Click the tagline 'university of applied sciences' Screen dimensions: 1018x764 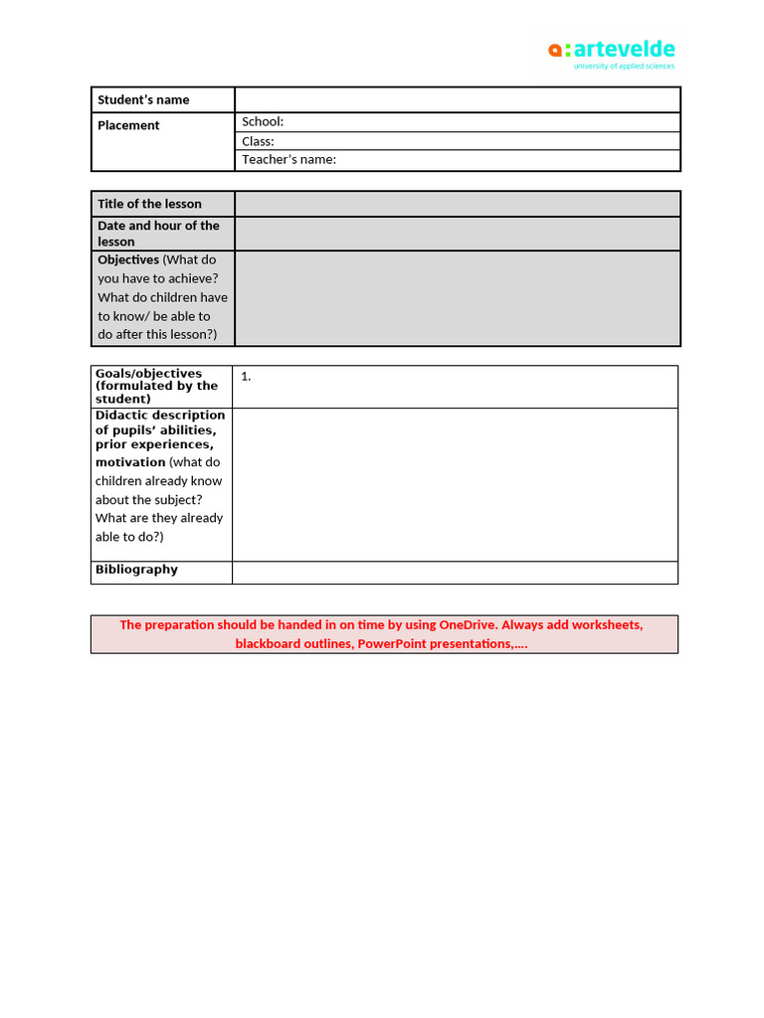[624, 67]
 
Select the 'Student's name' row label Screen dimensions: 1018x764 [143, 99]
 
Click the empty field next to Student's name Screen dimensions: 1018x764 [458, 99]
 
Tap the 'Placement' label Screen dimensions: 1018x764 [128, 125]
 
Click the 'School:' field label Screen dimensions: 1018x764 [263, 121]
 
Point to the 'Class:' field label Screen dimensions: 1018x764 [258, 141]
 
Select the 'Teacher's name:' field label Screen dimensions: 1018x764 [288, 160]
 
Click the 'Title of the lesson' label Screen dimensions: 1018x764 [149, 204]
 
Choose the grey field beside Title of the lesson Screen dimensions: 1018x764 [458, 204]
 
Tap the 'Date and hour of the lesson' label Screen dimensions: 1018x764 [158, 234]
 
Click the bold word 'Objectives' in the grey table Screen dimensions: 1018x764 [128, 259]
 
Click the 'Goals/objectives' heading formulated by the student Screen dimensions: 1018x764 [148, 374]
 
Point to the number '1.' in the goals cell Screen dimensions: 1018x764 [246, 377]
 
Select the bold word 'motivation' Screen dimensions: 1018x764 [130, 462]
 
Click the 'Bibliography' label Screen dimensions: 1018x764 [136, 570]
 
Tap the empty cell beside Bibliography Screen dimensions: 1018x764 [455, 572]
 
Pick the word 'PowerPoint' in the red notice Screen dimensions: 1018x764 [395, 644]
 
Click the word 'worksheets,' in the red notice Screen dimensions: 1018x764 [606, 625]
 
